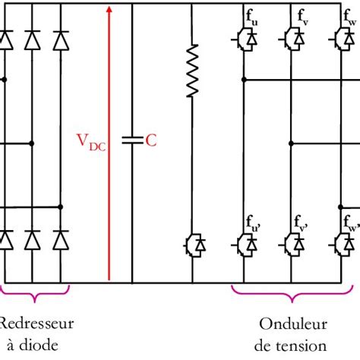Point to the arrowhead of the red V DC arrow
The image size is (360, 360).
pos(110,10)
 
